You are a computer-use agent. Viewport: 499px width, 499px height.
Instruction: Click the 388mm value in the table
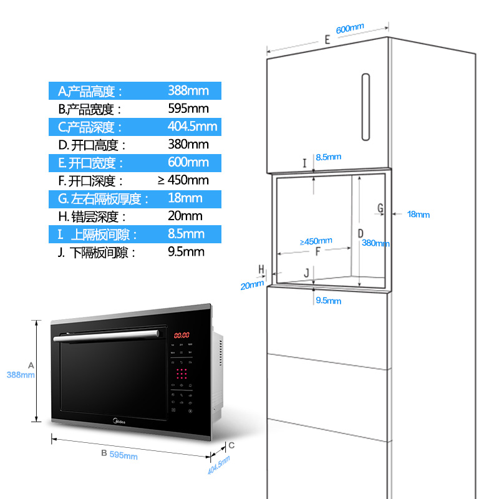tap(188, 91)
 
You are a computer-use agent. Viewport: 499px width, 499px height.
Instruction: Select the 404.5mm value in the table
tap(192, 127)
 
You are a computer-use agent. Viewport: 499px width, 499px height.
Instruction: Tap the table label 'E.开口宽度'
tap(91, 163)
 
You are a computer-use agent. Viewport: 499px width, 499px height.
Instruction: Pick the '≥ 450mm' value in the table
tap(183, 181)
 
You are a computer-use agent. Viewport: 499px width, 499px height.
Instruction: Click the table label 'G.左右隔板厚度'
tap(104, 199)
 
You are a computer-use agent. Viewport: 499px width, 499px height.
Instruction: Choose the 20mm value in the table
tap(185, 216)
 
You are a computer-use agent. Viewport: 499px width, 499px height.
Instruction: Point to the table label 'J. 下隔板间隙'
tap(96, 253)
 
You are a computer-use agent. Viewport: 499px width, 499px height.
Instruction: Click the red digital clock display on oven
tap(182, 335)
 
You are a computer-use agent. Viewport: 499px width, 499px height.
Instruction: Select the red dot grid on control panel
tap(182, 374)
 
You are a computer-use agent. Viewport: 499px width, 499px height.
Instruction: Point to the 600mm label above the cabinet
tap(349, 29)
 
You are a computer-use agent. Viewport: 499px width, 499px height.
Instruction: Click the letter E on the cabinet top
tap(327, 40)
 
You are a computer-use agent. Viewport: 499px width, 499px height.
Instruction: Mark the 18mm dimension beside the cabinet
tap(418, 215)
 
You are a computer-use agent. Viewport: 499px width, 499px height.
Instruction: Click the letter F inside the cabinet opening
tap(317, 253)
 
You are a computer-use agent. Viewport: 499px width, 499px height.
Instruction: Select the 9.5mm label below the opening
tap(329, 301)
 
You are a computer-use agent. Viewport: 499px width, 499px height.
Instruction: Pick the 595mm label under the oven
tap(123, 455)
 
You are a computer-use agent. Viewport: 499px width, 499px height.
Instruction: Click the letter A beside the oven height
tap(31, 364)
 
